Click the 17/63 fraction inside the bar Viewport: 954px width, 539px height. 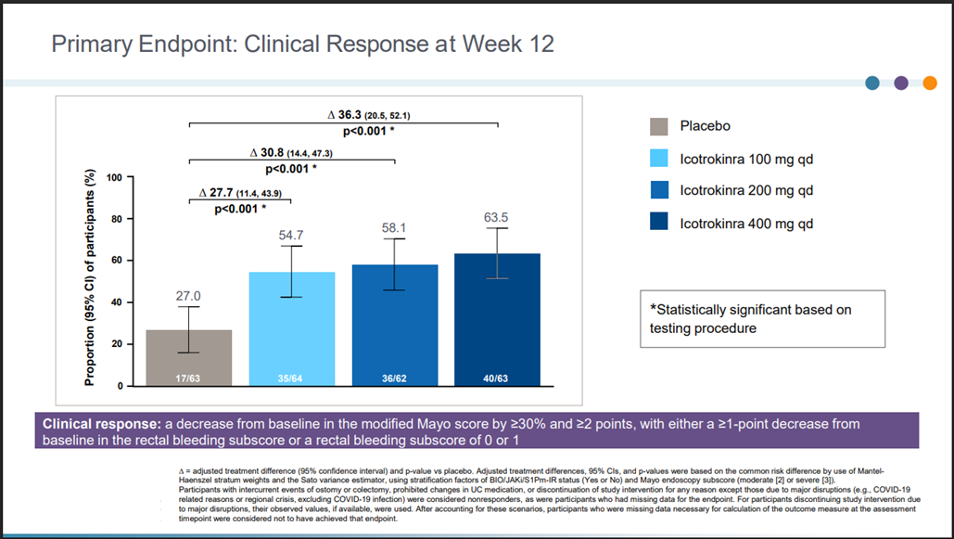point(188,379)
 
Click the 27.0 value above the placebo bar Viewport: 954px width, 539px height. point(188,296)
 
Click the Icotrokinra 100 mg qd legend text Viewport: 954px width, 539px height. point(746,160)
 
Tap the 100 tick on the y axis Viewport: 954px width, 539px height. point(113,177)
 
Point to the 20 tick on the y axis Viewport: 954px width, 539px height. point(116,344)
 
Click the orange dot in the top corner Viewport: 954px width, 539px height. point(929,83)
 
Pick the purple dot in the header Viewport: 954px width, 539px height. point(901,83)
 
